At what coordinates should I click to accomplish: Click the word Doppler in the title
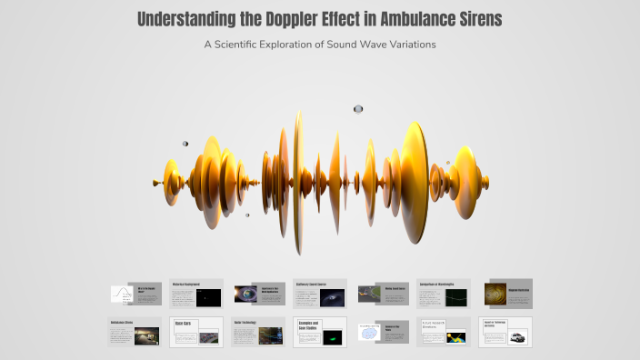(290, 20)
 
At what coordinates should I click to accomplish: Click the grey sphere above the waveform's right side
(358, 109)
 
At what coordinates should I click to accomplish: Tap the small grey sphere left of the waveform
(185, 143)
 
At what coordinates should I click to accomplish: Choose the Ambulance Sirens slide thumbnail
(135, 331)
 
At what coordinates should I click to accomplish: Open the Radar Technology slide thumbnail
(258, 331)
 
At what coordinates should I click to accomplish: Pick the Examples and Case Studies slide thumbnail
(320, 331)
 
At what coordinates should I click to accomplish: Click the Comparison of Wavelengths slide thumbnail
(444, 294)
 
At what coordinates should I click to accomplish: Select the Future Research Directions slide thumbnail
(444, 331)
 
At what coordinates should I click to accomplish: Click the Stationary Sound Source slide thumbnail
(320, 294)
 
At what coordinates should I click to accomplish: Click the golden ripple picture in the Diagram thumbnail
(497, 294)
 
